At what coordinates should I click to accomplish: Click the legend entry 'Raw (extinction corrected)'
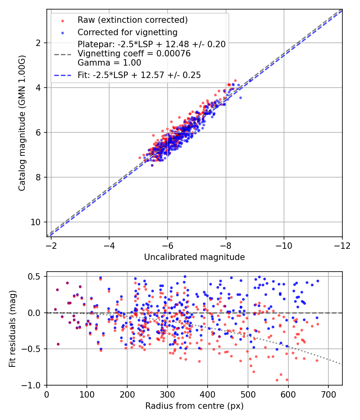(x=132, y=20)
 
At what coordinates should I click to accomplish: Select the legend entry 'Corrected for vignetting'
(x=127, y=32)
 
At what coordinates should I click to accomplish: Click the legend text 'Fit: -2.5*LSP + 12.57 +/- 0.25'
(x=139, y=75)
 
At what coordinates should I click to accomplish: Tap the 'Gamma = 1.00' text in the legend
(x=109, y=62)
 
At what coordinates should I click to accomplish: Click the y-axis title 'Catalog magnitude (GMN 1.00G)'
(x=22, y=122)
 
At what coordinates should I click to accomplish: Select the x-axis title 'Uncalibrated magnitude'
(x=194, y=257)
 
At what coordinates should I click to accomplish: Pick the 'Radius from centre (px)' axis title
(x=194, y=406)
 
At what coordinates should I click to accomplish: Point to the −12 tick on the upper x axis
(x=342, y=245)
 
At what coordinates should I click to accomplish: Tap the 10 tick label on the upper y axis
(x=36, y=222)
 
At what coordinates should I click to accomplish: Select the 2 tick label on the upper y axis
(x=39, y=43)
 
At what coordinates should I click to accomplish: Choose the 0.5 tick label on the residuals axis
(x=34, y=276)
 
